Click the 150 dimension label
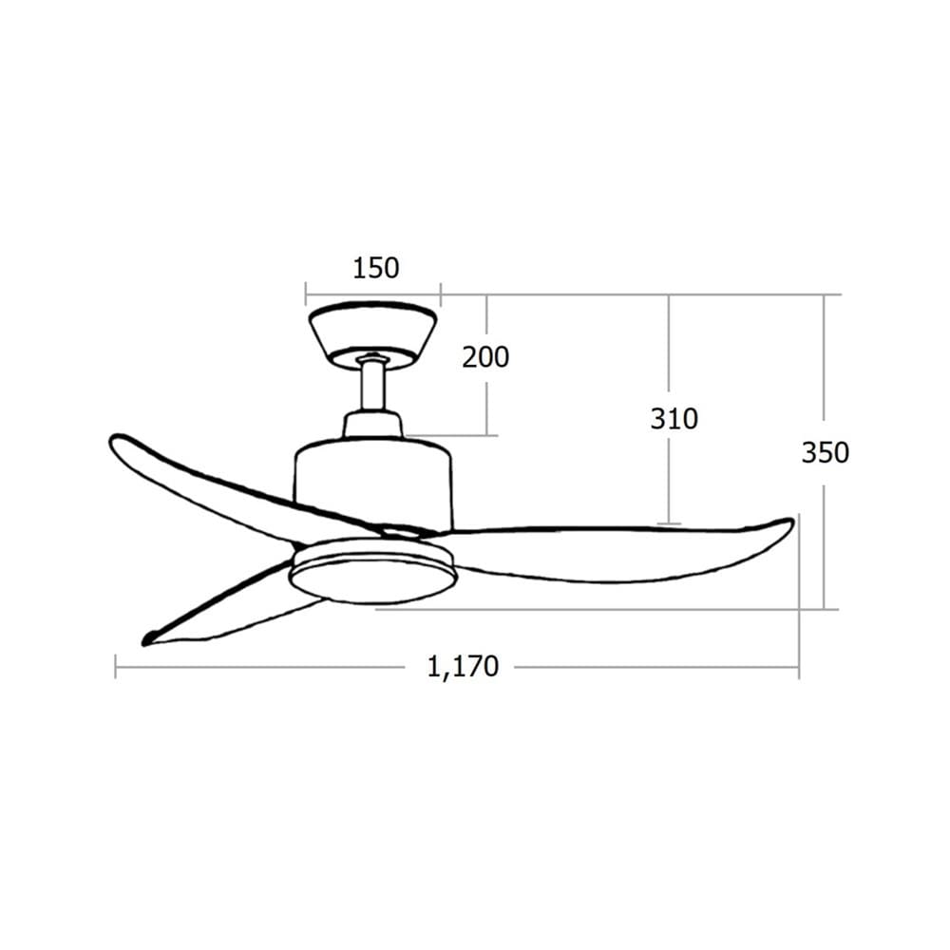click(x=375, y=268)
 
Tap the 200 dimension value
click(x=485, y=357)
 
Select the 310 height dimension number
click(x=674, y=419)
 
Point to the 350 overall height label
click(x=826, y=452)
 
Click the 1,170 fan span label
click(x=463, y=667)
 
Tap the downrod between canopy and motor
click(x=372, y=386)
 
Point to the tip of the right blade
click(x=791, y=521)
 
